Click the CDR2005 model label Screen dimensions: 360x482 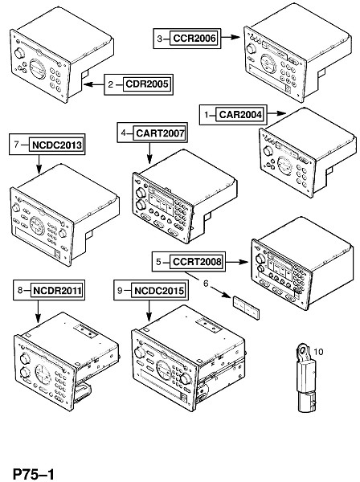coord(147,84)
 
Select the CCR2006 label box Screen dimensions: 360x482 coord(194,39)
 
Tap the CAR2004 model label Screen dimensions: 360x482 coord(241,115)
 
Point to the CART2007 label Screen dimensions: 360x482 coord(160,133)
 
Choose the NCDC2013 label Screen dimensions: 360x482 coord(57,145)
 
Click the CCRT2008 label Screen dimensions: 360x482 coord(197,262)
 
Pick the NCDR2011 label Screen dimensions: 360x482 coord(57,291)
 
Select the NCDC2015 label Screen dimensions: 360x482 coord(159,291)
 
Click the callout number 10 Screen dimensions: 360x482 coord(318,352)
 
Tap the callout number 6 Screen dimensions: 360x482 coord(206,283)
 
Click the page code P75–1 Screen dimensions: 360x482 coord(33,473)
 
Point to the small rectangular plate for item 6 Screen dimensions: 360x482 coord(246,308)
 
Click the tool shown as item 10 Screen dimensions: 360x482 coord(306,378)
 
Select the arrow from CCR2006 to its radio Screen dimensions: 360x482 coord(231,37)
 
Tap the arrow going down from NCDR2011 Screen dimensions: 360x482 coord(38,312)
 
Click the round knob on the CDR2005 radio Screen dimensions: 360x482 coord(19,53)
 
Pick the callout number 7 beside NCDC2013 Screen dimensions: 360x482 coord(17,145)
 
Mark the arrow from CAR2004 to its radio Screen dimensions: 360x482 coord(276,113)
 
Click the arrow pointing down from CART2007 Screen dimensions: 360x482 coord(149,153)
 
